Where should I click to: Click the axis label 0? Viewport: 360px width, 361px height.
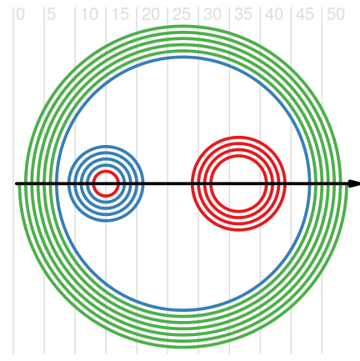[x=20, y=14]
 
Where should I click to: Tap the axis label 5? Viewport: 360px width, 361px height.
[x=51, y=14]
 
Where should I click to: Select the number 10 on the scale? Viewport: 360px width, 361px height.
[x=89, y=14]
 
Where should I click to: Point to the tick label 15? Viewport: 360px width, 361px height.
[x=120, y=14]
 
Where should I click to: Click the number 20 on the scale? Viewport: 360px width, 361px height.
[x=151, y=14]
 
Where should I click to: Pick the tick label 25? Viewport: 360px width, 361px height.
[x=182, y=14]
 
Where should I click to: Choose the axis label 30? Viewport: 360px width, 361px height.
[x=212, y=14]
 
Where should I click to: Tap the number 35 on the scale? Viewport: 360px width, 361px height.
[x=243, y=14]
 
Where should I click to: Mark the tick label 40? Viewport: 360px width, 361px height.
[x=274, y=14]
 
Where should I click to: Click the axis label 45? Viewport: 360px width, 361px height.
[x=305, y=14]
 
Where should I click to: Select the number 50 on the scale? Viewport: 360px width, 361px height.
[x=336, y=14]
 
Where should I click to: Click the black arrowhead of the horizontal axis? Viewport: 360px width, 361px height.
[x=354, y=183]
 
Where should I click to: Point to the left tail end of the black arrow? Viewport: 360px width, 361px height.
[x=16, y=183]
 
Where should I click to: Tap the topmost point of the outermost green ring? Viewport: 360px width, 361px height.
[x=183, y=27]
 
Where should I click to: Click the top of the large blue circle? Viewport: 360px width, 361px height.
[x=183, y=58]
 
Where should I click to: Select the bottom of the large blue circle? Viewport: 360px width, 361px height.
[x=183, y=310]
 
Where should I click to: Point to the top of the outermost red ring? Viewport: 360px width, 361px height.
[x=238, y=138]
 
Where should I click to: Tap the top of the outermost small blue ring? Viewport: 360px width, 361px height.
[x=106, y=147]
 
